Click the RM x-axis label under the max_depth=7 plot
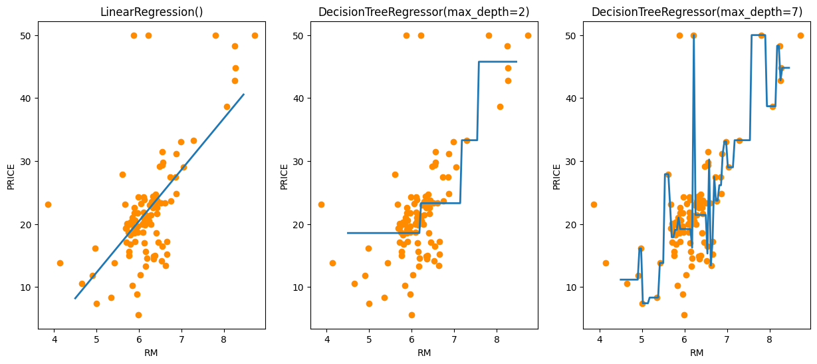(x=696, y=353)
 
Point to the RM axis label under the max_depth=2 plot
(x=423, y=353)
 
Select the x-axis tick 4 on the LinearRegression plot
(x=54, y=339)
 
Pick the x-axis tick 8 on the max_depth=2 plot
(x=497, y=339)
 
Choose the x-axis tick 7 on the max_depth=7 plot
(x=727, y=339)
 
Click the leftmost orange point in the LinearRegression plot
(x=48, y=204)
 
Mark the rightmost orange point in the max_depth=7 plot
(x=800, y=35)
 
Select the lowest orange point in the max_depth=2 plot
(x=411, y=315)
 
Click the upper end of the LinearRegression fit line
(x=243, y=94)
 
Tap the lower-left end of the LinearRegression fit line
(x=75, y=298)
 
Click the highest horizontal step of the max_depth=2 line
(x=497, y=62)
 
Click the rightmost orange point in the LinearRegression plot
(x=255, y=35)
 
